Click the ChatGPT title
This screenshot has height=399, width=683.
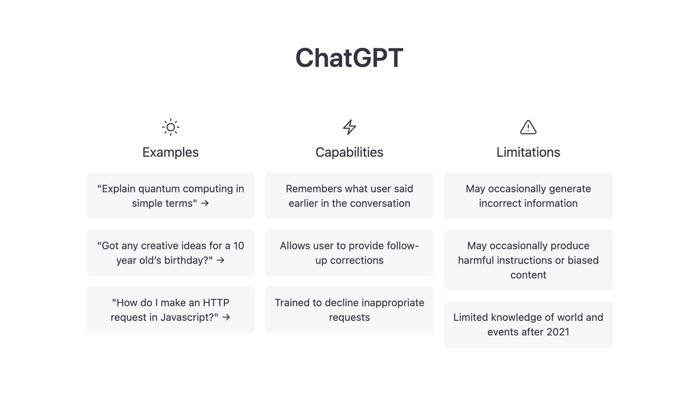point(349,58)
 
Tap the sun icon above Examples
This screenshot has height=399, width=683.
point(170,127)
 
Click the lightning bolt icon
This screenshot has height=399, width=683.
point(349,127)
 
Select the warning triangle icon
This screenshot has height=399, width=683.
point(528,127)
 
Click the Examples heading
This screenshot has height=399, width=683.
point(170,152)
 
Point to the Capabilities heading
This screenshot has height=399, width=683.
point(349,152)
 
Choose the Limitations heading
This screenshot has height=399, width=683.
point(528,152)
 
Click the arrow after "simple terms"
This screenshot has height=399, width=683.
point(205,203)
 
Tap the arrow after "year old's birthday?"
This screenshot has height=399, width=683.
point(220,260)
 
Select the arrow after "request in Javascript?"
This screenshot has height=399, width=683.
point(226,317)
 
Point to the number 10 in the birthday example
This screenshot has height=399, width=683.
point(238,246)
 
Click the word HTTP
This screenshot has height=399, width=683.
point(216,303)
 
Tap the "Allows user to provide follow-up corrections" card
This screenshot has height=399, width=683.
point(349,253)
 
